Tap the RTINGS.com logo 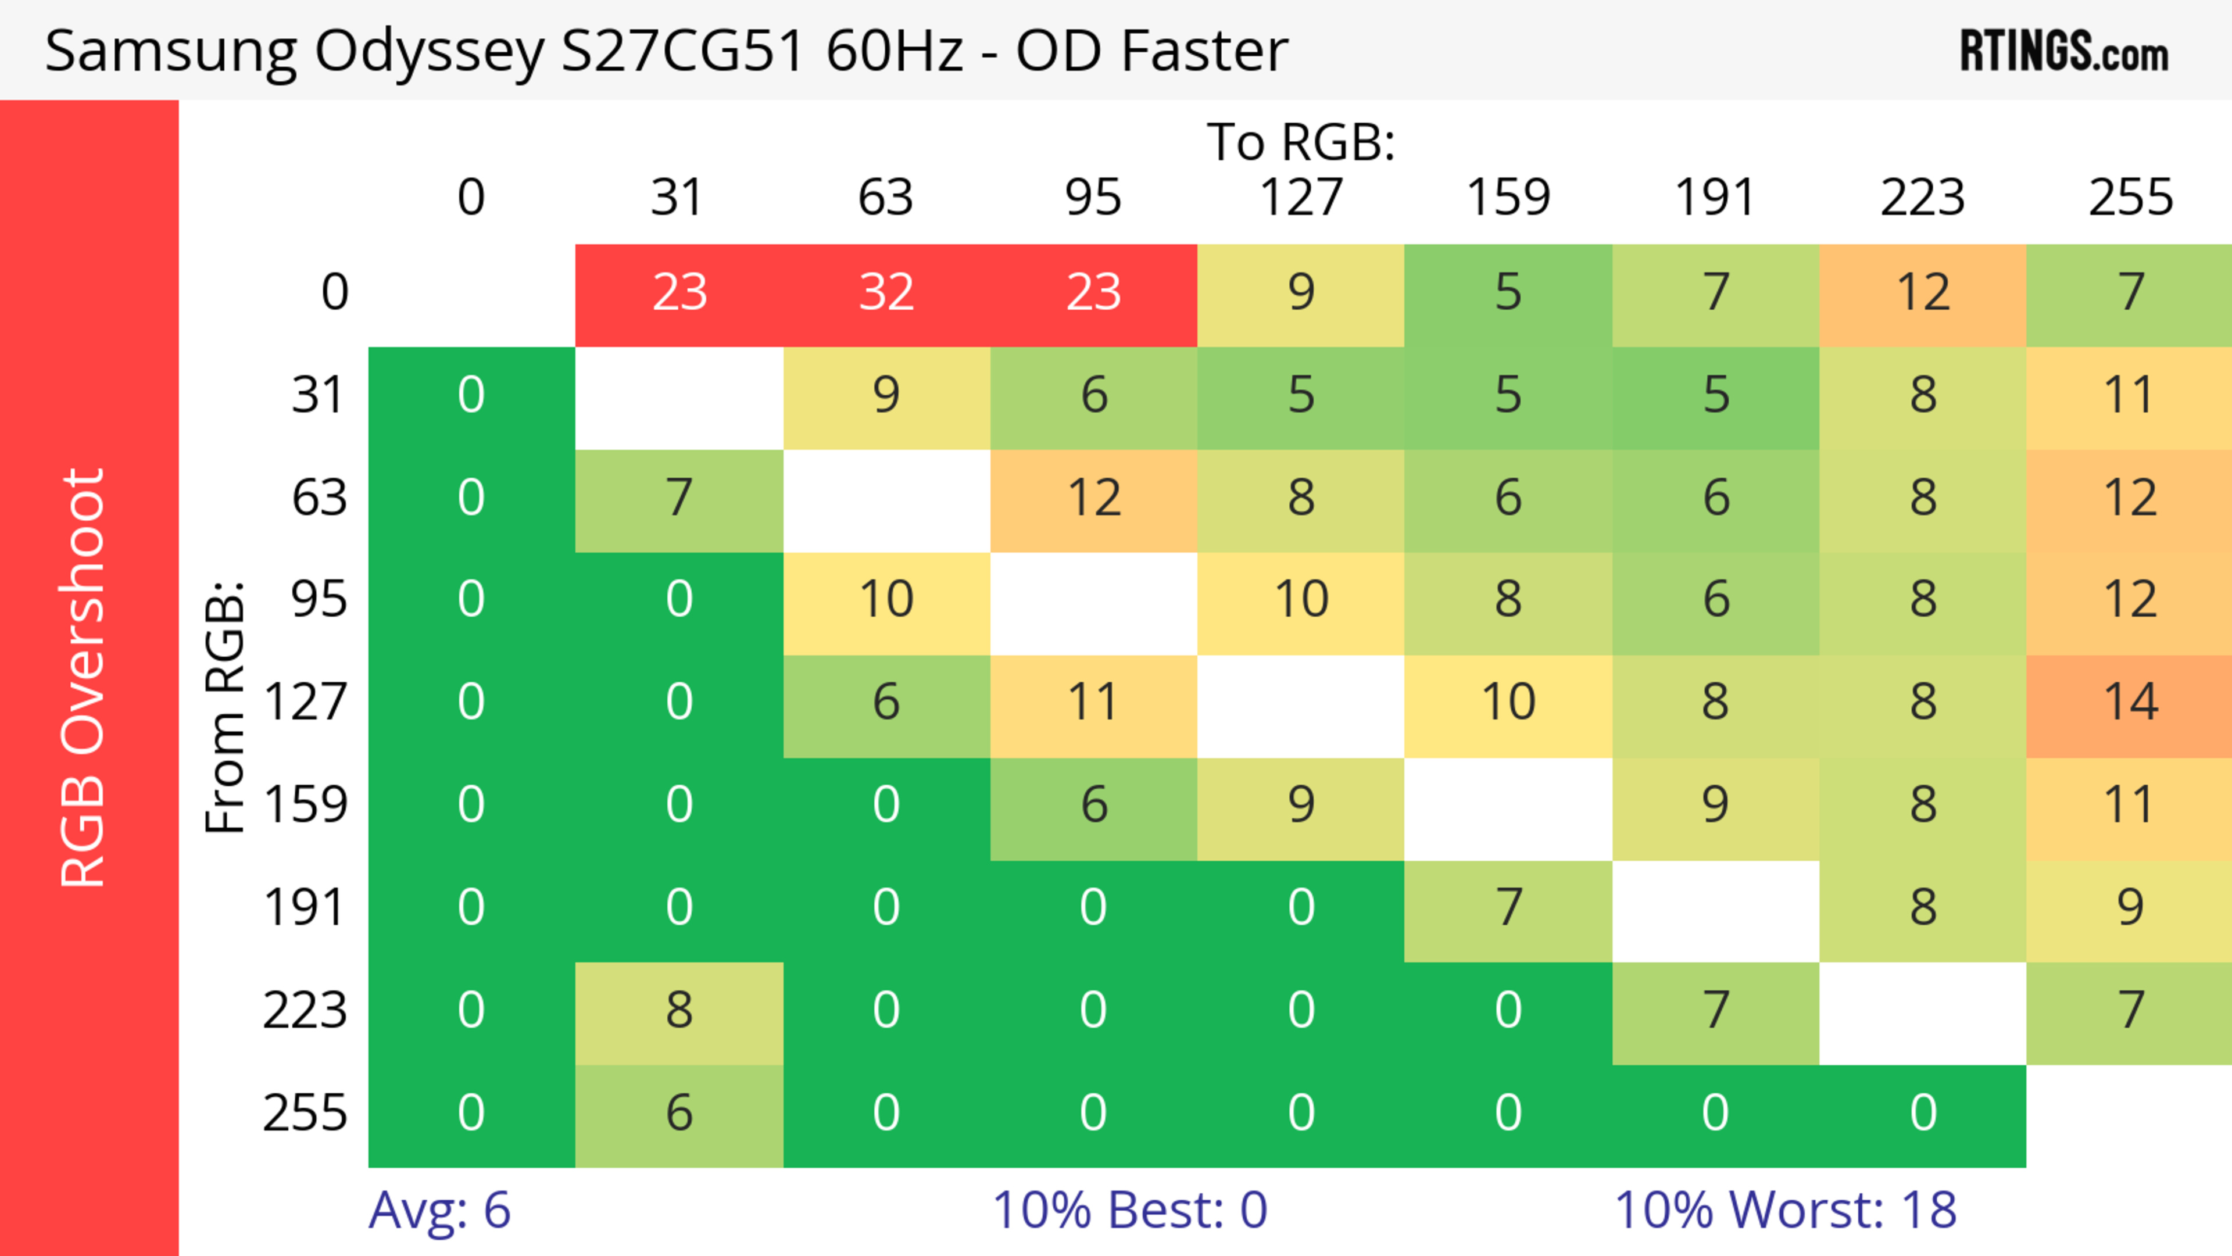coord(2064,51)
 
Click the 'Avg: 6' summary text coord(439,1210)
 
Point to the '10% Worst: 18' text coord(1785,1210)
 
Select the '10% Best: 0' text coord(1129,1210)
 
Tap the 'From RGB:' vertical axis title coord(226,707)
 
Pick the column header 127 coord(1301,198)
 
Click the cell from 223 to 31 coord(679,1010)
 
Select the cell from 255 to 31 coord(679,1113)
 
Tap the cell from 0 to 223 coord(1923,293)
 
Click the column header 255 coord(2130,198)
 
